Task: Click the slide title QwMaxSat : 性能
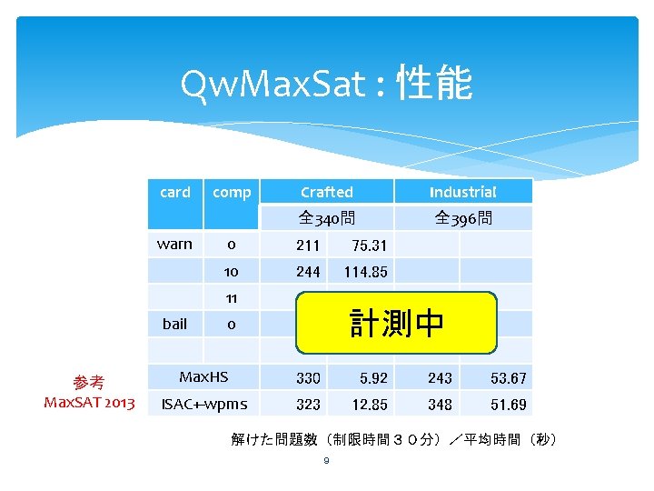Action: pos(326,85)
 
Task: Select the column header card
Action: pos(174,192)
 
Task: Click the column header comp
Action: pos(232,192)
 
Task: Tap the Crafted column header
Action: pos(326,192)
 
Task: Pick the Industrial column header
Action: pos(462,192)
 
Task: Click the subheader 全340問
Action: pos(326,218)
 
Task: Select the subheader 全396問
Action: pos(462,218)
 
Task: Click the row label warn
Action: pos(174,245)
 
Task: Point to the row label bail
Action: pos(174,324)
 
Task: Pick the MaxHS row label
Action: pos(203,376)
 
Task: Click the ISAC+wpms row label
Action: pos(203,404)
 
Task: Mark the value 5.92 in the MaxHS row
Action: pos(362,378)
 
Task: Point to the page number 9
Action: pos(326,461)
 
